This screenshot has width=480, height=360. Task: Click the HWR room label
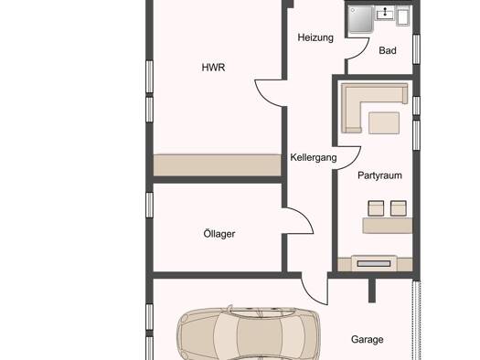click(x=213, y=68)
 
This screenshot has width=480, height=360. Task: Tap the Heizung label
click(x=315, y=37)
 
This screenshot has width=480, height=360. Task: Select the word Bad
click(x=388, y=50)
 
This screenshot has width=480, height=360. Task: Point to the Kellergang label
click(x=314, y=157)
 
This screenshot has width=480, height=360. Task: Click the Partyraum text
click(x=379, y=175)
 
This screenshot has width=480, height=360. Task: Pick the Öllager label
click(x=219, y=234)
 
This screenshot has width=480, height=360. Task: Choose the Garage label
click(x=367, y=340)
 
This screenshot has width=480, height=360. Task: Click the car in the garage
click(x=249, y=334)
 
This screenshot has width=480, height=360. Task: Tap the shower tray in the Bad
click(x=360, y=19)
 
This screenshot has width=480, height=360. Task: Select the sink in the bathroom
click(x=385, y=14)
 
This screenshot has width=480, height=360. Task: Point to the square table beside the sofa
click(x=384, y=123)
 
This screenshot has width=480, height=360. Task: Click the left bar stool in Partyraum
click(x=376, y=208)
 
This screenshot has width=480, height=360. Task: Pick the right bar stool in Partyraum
click(x=399, y=208)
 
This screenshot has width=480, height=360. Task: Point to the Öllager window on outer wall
click(x=149, y=205)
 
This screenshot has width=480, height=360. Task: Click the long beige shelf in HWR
click(x=217, y=165)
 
